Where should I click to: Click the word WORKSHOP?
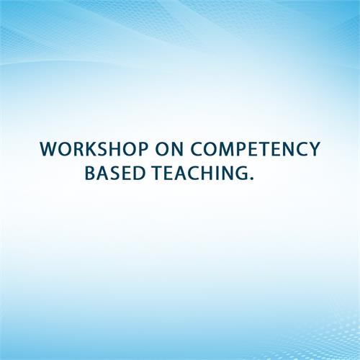[94, 149]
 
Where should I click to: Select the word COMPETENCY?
[255, 149]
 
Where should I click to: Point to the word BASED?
[115, 173]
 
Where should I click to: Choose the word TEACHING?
[200, 173]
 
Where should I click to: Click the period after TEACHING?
[251, 179]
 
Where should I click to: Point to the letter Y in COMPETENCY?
[314, 149]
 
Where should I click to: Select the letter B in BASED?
[90, 173]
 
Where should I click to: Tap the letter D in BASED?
[140, 173]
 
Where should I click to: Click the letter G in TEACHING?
[241, 173]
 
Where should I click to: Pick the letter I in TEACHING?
[216, 173]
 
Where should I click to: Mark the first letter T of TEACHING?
[157, 173]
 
